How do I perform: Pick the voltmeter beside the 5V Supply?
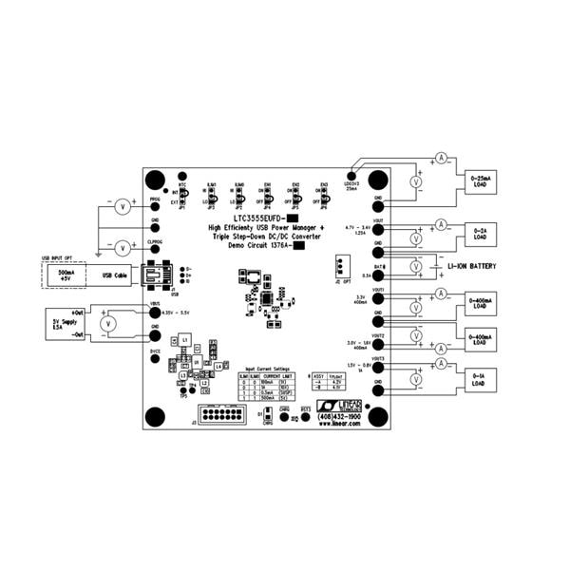point(108,324)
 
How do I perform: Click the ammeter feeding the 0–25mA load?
point(440,156)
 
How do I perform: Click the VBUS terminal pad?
point(155,312)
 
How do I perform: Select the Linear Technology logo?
point(337,406)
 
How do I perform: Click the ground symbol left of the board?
point(100,255)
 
